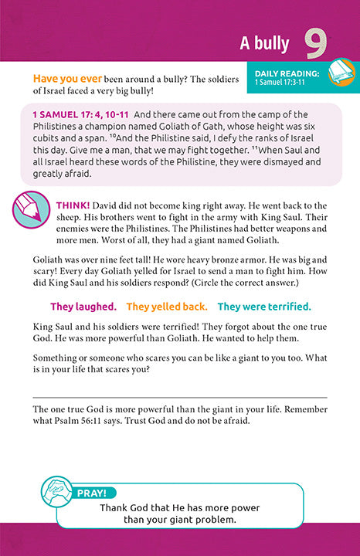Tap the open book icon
(x=338, y=73)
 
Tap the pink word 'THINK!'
(x=74, y=205)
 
